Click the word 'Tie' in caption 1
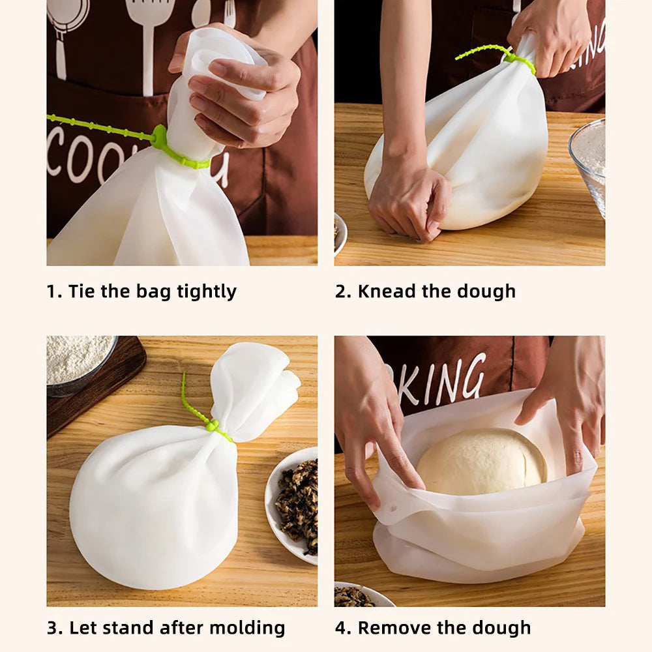pos(82,291)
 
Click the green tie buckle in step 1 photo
pos(159,138)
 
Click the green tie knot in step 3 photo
pos(212,425)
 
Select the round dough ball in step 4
pos(482,462)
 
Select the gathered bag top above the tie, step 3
pos(254,388)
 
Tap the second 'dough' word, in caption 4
pos(499,628)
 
